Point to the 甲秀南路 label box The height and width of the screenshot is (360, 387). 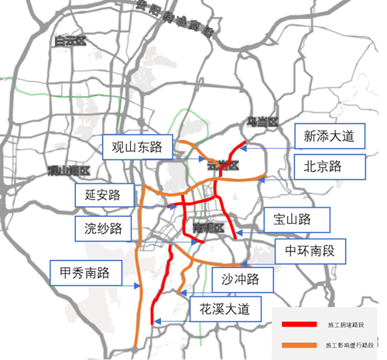(x=80, y=273)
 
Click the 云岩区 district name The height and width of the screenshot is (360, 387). (x=221, y=166)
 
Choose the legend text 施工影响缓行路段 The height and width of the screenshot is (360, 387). (x=348, y=343)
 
